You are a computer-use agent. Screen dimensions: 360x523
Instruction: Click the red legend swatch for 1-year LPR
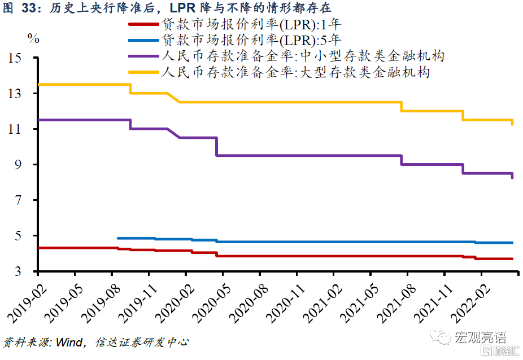coord(145,24)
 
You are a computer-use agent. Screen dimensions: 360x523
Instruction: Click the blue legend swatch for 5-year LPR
coord(145,40)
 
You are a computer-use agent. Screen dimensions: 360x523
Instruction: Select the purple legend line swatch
coord(145,56)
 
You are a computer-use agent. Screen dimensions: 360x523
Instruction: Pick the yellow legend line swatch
coord(145,72)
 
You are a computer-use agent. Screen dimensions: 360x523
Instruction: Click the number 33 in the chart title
coord(29,7)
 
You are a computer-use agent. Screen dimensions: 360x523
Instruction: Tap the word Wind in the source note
coord(68,343)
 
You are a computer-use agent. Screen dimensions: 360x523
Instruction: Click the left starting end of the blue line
coord(117,238)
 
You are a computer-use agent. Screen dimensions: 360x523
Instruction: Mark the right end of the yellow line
coord(512,124)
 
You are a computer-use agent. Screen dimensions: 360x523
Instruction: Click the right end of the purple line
coord(512,177)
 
